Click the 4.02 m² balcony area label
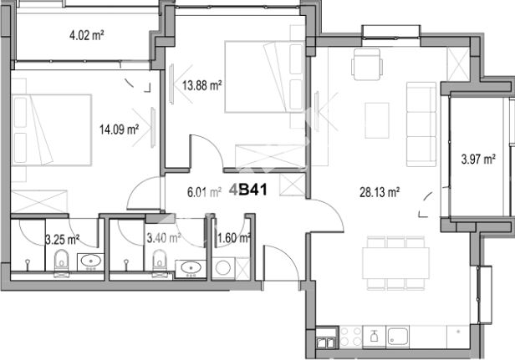coord(87,35)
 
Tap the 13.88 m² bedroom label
coord(202,86)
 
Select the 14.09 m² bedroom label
coord(119,129)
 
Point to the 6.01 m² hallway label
coord(204,192)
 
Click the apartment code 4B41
coord(248,190)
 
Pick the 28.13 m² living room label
coord(380,192)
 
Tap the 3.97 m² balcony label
coord(478,160)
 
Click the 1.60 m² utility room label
coord(234,237)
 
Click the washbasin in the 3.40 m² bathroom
coord(191,268)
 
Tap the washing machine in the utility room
coord(224,268)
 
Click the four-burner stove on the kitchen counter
coord(350,337)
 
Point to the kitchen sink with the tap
coord(374,337)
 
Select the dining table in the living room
coord(395,263)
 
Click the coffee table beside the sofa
coord(377,120)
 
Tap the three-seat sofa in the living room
coord(421,124)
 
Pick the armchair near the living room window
coord(367,64)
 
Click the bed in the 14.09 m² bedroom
coord(52,130)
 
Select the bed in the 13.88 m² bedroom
coord(264,77)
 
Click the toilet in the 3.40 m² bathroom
coord(160,263)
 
